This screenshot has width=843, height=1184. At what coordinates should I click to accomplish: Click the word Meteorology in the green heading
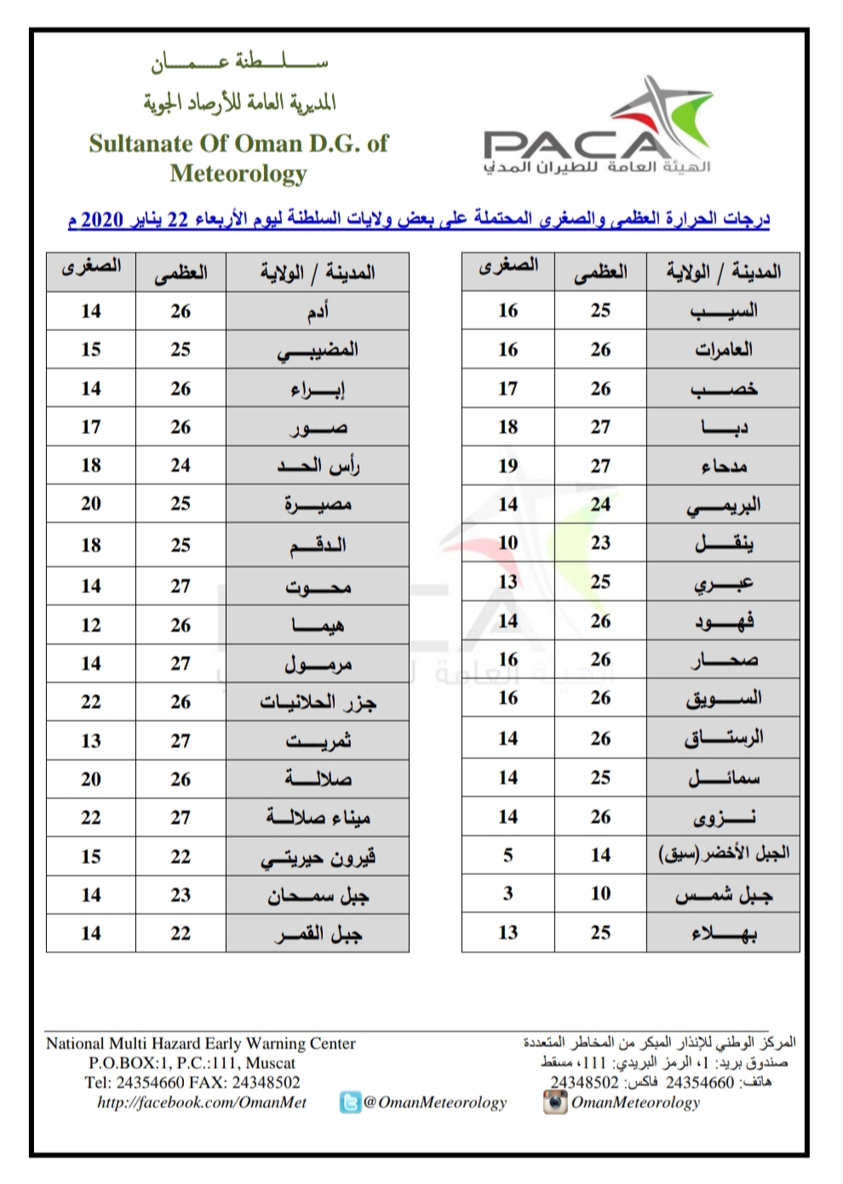pos(238,174)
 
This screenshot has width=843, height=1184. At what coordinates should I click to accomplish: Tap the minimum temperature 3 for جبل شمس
pos(508,894)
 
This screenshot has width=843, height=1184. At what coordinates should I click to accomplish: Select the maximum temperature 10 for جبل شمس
pos(600,894)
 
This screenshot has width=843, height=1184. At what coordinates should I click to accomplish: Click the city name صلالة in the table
pos(318,779)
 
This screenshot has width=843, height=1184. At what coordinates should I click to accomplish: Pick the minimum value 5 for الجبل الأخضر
pos(508,855)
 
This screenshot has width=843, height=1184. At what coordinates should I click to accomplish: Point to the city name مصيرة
pos(318,504)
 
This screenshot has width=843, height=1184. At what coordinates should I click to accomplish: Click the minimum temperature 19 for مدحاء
pos(508,466)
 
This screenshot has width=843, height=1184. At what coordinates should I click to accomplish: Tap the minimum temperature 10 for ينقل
pos(508,543)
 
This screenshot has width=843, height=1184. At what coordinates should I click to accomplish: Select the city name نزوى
pos(724,817)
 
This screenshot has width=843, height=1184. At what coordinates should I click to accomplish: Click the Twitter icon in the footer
pos(350,1103)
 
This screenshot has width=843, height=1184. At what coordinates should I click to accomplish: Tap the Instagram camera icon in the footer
pos(554,1102)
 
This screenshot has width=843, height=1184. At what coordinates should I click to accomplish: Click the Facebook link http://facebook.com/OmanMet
pos(202,1102)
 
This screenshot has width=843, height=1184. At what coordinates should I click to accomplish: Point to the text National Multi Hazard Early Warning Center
pos(201,1044)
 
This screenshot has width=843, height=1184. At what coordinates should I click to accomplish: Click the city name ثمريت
pos(318,741)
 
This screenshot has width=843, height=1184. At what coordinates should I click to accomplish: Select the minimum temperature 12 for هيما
pos(91,625)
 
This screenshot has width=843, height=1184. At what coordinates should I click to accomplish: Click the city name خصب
pos(724,389)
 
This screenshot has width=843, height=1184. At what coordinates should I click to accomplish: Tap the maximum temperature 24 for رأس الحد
pos(181,466)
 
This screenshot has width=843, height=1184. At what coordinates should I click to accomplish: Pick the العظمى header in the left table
pos(181,273)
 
